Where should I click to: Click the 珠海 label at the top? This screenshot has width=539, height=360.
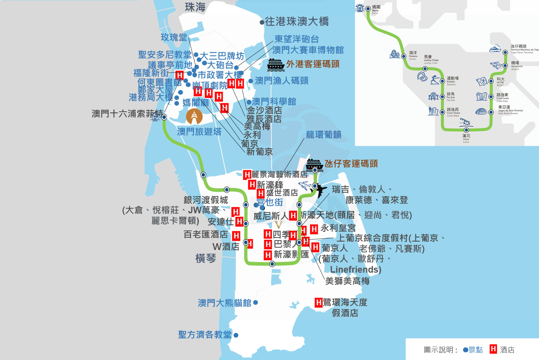[195, 7]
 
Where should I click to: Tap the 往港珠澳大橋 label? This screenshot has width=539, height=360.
[297, 22]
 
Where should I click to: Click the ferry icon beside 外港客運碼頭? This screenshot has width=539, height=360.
[276, 65]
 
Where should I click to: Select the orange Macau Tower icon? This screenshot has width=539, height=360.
[194, 117]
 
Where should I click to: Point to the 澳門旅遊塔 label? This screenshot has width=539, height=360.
[199, 132]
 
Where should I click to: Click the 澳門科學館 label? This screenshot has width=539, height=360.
[274, 101]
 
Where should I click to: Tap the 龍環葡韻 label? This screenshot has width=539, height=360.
[323, 135]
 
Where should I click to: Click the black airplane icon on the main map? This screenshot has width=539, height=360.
[319, 190]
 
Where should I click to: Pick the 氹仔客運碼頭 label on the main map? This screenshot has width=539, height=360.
[351, 164]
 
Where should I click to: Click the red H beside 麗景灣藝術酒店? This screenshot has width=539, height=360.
[247, 175]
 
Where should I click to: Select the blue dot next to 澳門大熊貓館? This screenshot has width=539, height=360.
[256, 302]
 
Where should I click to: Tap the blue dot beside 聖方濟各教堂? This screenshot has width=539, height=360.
[236, 335]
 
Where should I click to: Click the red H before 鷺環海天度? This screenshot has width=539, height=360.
[319, 302]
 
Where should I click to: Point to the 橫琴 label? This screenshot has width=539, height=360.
[206, 258]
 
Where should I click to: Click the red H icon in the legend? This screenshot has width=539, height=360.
[493, 349]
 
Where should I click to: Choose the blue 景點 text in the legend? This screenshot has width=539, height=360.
[476, 350]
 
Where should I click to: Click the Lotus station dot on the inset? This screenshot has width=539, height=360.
[466, 130]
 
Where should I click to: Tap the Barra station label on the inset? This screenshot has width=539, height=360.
[376, 8]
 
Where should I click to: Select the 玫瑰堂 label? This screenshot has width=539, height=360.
[174, 37]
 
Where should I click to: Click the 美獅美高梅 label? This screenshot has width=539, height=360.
[347, 281]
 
